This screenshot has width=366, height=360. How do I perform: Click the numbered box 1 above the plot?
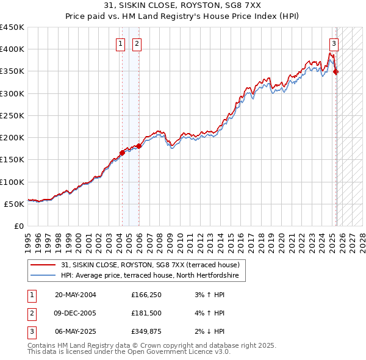pyautogui.click(x=121, y=43)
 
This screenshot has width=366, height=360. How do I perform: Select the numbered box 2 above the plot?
pyautogui.click(x=137, y=43)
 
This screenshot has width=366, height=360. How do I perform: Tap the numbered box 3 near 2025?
pyautogui.click(x=334, y=43)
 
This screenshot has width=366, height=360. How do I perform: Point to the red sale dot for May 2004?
pyautogui.click(x=122, y=153)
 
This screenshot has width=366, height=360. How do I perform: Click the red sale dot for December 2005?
pyautogui.click(x=139, y=146)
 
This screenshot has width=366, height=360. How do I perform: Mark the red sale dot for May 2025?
pyautogui.click(x=335, y=72)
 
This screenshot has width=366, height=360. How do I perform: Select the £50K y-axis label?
pyautogui.click(x=15, y=204)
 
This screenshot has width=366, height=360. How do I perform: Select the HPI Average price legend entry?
pyautogui.click(x=152, y=276)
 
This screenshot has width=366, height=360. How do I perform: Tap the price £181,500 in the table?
pyautogui.click(x=145, y=314)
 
